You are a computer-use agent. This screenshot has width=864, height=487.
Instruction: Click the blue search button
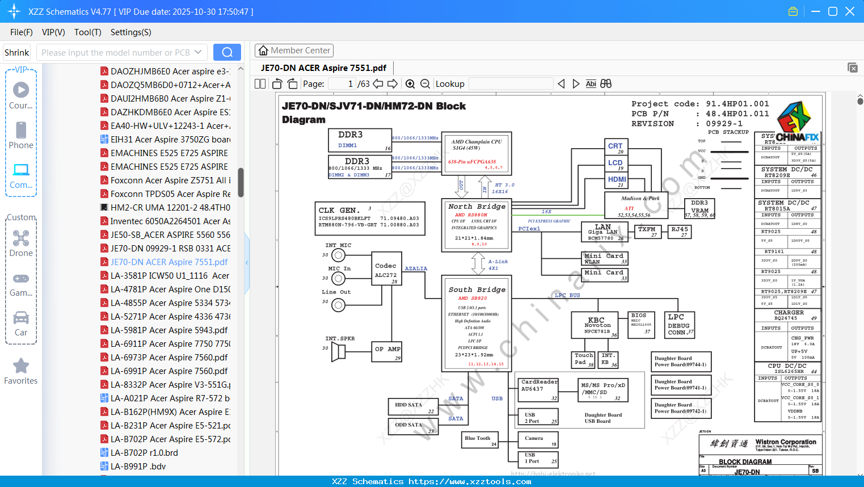coord(227,52)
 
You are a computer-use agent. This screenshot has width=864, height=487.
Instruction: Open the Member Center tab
coord(294,51)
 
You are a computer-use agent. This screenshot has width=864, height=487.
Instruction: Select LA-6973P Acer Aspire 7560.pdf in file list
coord(169,358)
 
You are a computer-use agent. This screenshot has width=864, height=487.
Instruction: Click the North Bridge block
coord(477,224)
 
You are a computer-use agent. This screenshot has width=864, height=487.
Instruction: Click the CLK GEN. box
coord(370,218)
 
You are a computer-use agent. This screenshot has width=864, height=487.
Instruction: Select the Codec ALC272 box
coord(386,271)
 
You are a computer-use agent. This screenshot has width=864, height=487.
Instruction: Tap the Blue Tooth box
coord(479,439)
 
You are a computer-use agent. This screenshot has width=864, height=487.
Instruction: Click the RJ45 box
coord(679,231)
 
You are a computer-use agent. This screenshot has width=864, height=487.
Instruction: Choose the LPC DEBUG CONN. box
coord(679,325)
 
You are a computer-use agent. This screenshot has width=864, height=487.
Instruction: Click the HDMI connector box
coord(617,180)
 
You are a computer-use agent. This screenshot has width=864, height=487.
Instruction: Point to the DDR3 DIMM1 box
coord(360,140)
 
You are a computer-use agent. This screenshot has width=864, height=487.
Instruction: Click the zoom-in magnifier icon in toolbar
coord(410,84)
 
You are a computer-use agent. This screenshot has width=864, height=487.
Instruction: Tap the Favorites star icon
coord(21,366)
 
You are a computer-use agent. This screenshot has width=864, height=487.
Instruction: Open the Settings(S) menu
coord(130,32)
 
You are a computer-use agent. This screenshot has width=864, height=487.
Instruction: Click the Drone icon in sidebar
coord(21,238)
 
